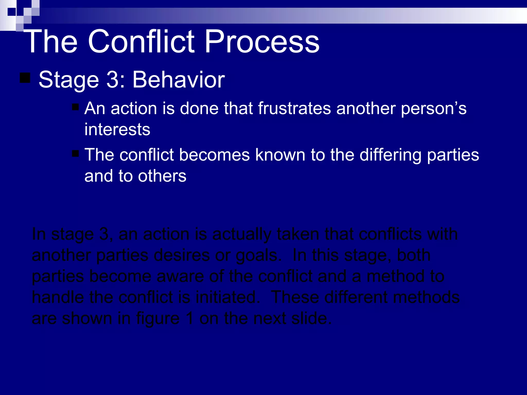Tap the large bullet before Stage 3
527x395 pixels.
[25, 78]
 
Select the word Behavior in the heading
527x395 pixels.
[178, 80]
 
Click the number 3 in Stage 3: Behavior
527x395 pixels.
[112, 80]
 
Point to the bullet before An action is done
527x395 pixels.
[75, 107]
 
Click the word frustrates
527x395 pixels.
[294, 108]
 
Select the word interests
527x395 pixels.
[117, 129]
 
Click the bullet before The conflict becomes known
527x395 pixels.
[75, 154]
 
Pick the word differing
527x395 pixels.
[390, 155]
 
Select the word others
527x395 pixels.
[162, 176]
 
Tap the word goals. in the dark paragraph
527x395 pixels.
[258, 256]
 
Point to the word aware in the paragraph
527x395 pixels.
[180, 276]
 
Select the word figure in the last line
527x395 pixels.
[157, 319]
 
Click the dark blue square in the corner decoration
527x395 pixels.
[12, 12]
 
